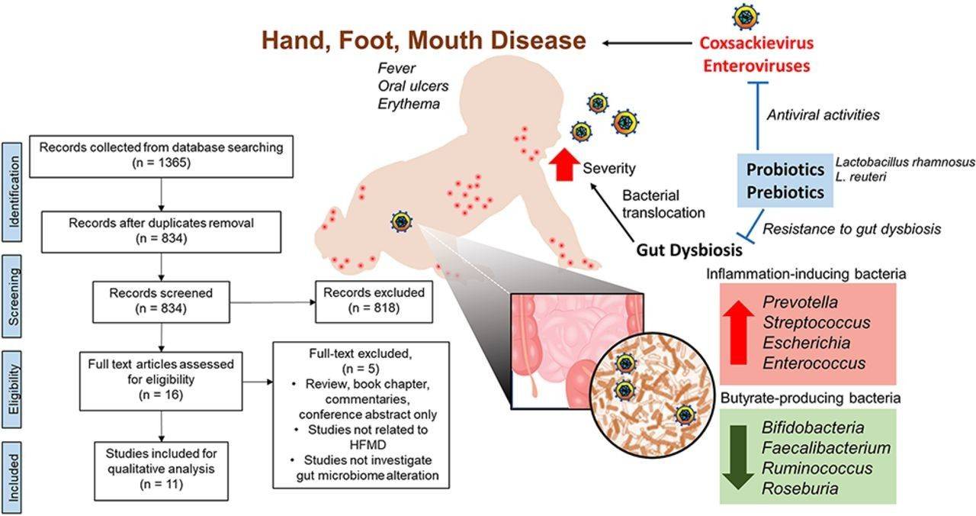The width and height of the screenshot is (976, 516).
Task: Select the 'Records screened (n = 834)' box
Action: tap(161, 301)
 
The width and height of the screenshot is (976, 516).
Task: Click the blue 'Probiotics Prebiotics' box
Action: tap(785, 180)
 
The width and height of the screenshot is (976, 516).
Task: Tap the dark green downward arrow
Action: tap(737, 456)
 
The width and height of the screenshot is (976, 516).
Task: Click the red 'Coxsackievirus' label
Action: tap(756, 43)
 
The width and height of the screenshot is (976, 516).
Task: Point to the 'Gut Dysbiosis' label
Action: tap(689, 250)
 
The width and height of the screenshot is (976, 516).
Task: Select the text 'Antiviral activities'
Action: tap(822, 114)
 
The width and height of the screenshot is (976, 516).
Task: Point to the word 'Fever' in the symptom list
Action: tap(396, 68)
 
